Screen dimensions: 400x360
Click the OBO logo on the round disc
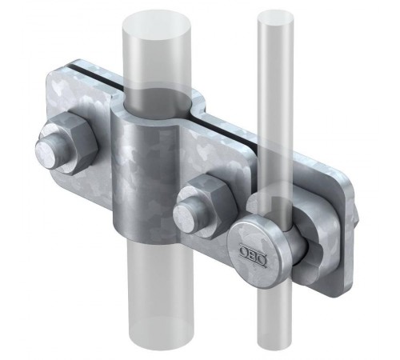253,253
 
